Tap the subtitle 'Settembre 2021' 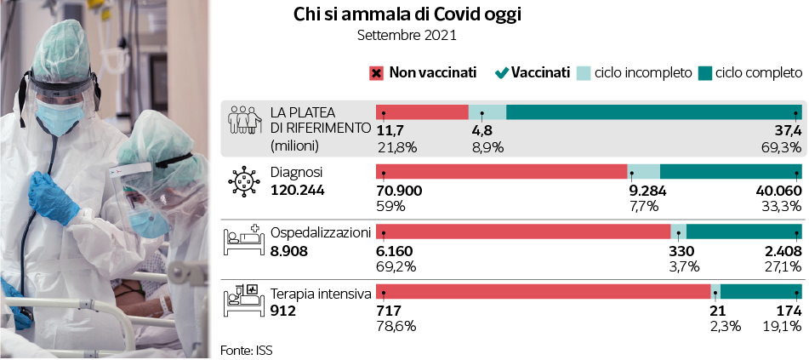point(406,36)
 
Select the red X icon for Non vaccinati point(376,73)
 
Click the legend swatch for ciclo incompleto point(584,73)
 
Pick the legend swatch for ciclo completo point(704,73)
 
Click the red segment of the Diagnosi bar point(501,171)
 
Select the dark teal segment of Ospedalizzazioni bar point(743,231)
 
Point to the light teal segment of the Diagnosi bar point(643,171)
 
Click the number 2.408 point(782,251)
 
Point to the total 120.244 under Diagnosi point(299,190)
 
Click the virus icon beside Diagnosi point(244,180)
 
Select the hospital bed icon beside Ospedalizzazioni point(244,241)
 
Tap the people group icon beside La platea point(244,118)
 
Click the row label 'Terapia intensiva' point(320,294)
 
